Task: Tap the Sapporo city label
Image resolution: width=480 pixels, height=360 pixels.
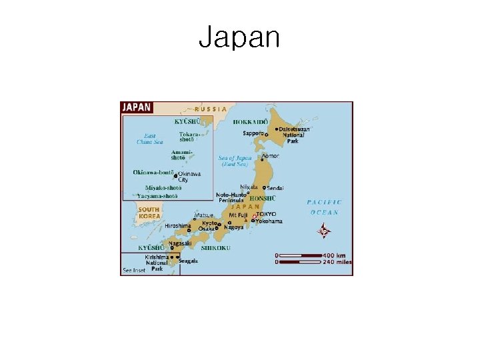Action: pyautogui.click(x=253, y=133)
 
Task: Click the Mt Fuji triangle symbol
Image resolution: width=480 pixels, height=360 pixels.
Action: pyautogui.click(x=245, y=221)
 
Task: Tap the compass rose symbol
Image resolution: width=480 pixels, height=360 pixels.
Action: pyautogui.click(x=323, y=232)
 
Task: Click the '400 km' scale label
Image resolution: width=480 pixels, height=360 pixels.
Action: pyautogui.click(x=335, y=255)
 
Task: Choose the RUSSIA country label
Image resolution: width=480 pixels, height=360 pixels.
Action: pyautogui.click(x=211, y=109)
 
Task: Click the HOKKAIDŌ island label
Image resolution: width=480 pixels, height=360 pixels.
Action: pyautogui.click(x=251, y=122)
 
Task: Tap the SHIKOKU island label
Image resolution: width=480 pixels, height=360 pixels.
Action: pyautogui.click(x=216, y=247)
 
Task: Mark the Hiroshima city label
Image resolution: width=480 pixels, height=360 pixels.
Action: pyautogui.click(x=177, y=225)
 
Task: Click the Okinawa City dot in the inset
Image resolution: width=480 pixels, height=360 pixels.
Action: pyautogui.click(x=175, y=176)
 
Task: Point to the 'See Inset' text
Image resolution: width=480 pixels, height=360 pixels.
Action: pyautogui.click(x=134, y=270)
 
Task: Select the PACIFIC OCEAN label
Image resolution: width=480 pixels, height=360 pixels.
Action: pyautogui.click(x=325, y=207)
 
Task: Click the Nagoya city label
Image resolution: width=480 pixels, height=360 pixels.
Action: pyautogui.click(x=234, y=227)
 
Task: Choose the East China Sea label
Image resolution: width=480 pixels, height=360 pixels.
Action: pyautogui.click(x=149, y=138)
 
